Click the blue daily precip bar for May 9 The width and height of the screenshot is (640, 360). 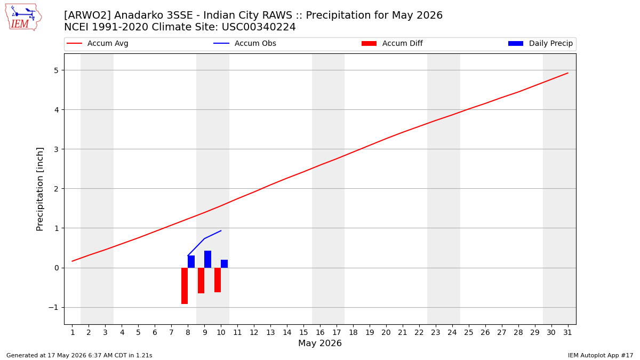click(207, 259)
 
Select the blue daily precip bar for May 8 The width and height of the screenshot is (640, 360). click(191, 262)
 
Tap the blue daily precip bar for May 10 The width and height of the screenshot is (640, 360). click(225, 263)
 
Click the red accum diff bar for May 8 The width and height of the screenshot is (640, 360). click(185, 286)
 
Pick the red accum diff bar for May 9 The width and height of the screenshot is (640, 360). click(201, 281)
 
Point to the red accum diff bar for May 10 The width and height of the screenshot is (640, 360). click(218, 280)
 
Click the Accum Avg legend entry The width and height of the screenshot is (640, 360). click(98, 43)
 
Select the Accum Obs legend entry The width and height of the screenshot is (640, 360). click(245, 43)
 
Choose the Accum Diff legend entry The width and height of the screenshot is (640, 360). click(392, 43)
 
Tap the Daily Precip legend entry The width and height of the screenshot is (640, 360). click(541, 43)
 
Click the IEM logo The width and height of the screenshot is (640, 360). click(23, 17)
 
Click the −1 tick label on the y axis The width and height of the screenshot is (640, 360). click(53, 307)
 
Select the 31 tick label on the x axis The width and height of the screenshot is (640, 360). click(567, 332)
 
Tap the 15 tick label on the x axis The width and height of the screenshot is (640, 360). click(303, 332)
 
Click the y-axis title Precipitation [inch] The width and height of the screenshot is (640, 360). click(39, 189)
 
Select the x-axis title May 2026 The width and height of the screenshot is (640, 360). click(320, 343)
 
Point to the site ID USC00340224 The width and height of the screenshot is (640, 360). click(259, 27)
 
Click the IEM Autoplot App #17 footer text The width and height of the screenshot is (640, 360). click(601, 355)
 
